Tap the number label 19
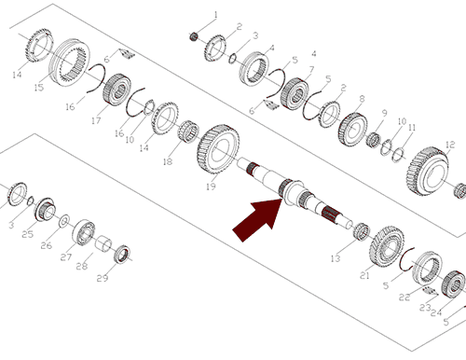point(211,187)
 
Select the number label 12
point(450,145)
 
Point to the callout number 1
point(215,15)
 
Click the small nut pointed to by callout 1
point(194,36)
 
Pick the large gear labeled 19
point(218,148)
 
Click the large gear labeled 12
point(428,172)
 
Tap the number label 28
point(82,266)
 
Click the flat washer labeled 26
point(64,221)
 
